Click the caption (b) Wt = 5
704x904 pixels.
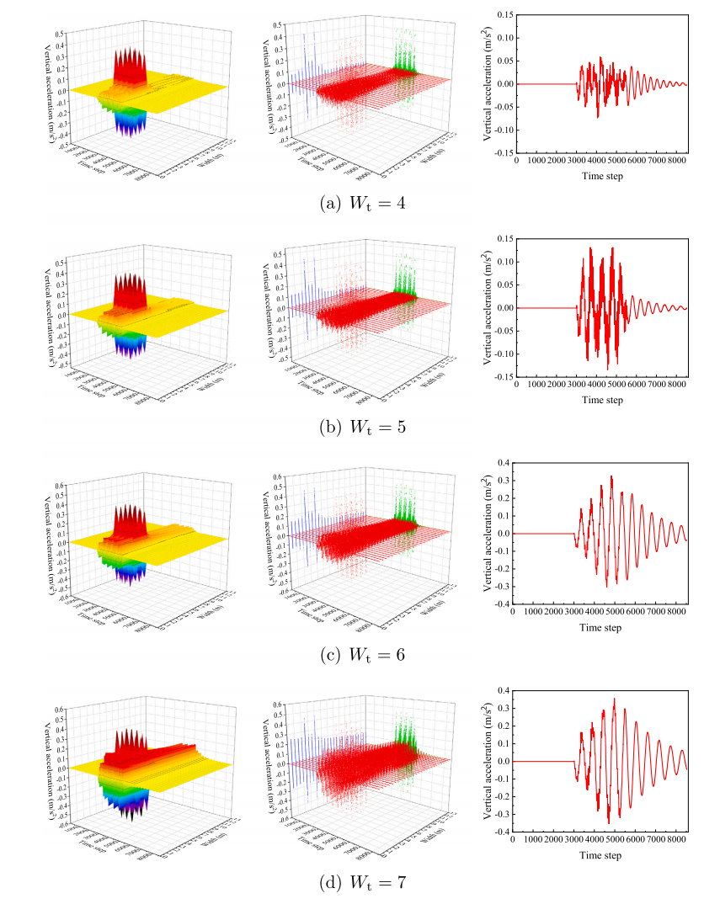(352, 427)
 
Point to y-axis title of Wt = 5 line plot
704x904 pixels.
(487, 307)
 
